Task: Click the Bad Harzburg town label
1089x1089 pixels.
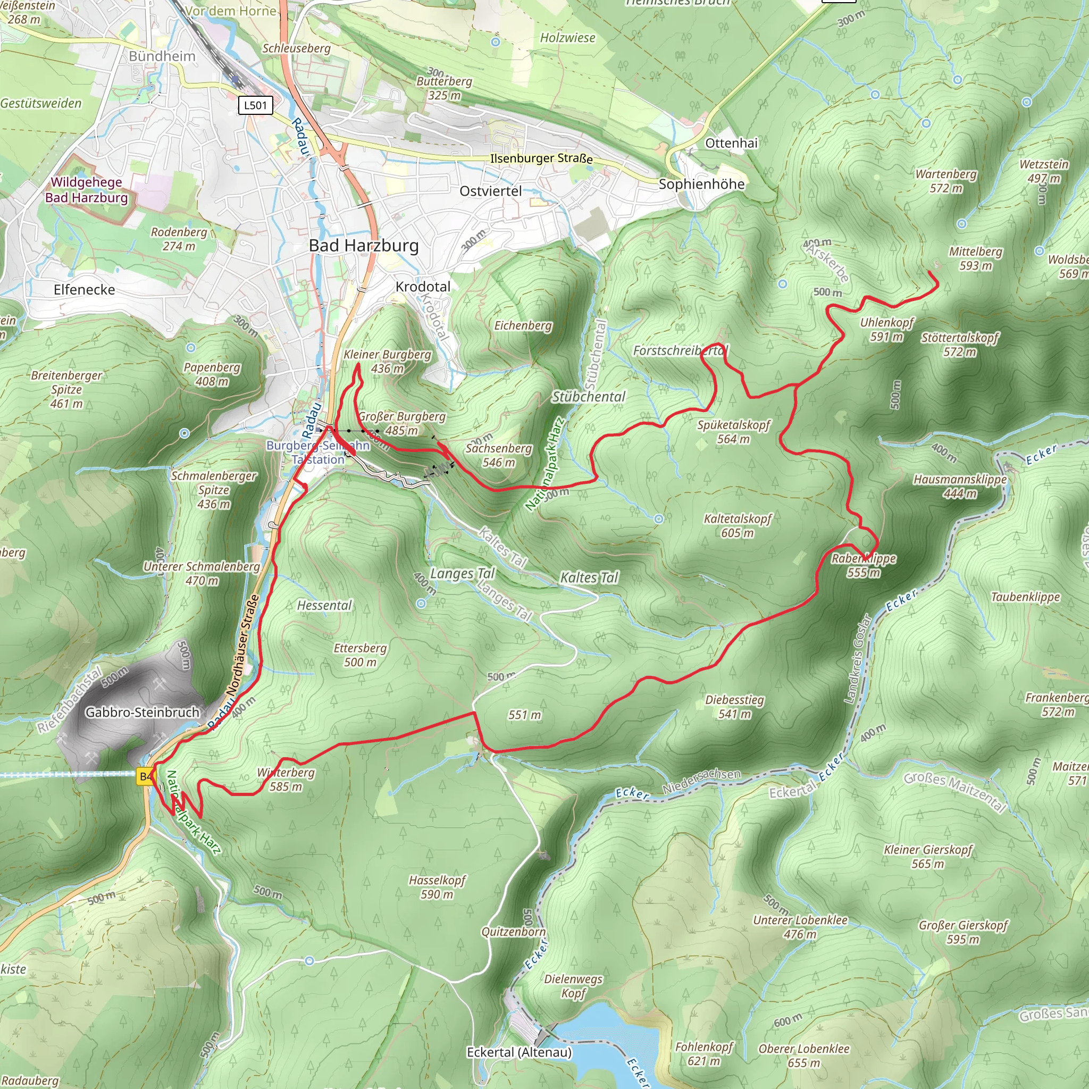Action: tap(364, 246)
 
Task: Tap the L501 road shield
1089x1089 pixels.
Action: tap(255, 105)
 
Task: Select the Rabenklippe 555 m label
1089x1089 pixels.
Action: tap(864, 565)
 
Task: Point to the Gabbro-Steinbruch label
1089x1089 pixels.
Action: tap(142, 713)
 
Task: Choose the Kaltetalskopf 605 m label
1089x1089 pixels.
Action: tap(738, 525)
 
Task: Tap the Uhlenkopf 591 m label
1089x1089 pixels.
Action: tap(886, 329)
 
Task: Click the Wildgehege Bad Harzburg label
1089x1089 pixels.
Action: tap(86, 190)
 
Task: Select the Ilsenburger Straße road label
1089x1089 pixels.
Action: tap(541, 158)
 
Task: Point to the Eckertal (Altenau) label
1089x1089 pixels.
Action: tap(519, 1052)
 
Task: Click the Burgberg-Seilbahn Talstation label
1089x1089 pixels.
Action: tap(318, 452)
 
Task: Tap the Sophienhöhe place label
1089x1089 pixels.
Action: tap(701, 185)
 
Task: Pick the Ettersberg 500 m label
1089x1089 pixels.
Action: tap(360, 655)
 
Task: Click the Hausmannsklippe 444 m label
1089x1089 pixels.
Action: tap(960, 486)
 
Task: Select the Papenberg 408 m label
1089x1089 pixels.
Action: tap(212, 374)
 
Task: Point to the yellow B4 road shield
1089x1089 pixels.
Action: tap(145, 777)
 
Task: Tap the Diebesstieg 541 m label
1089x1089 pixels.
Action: tap(734, 706)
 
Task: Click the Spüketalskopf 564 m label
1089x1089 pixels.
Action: tap(733, 431)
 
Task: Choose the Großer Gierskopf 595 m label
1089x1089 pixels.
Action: tap(963, 932)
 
